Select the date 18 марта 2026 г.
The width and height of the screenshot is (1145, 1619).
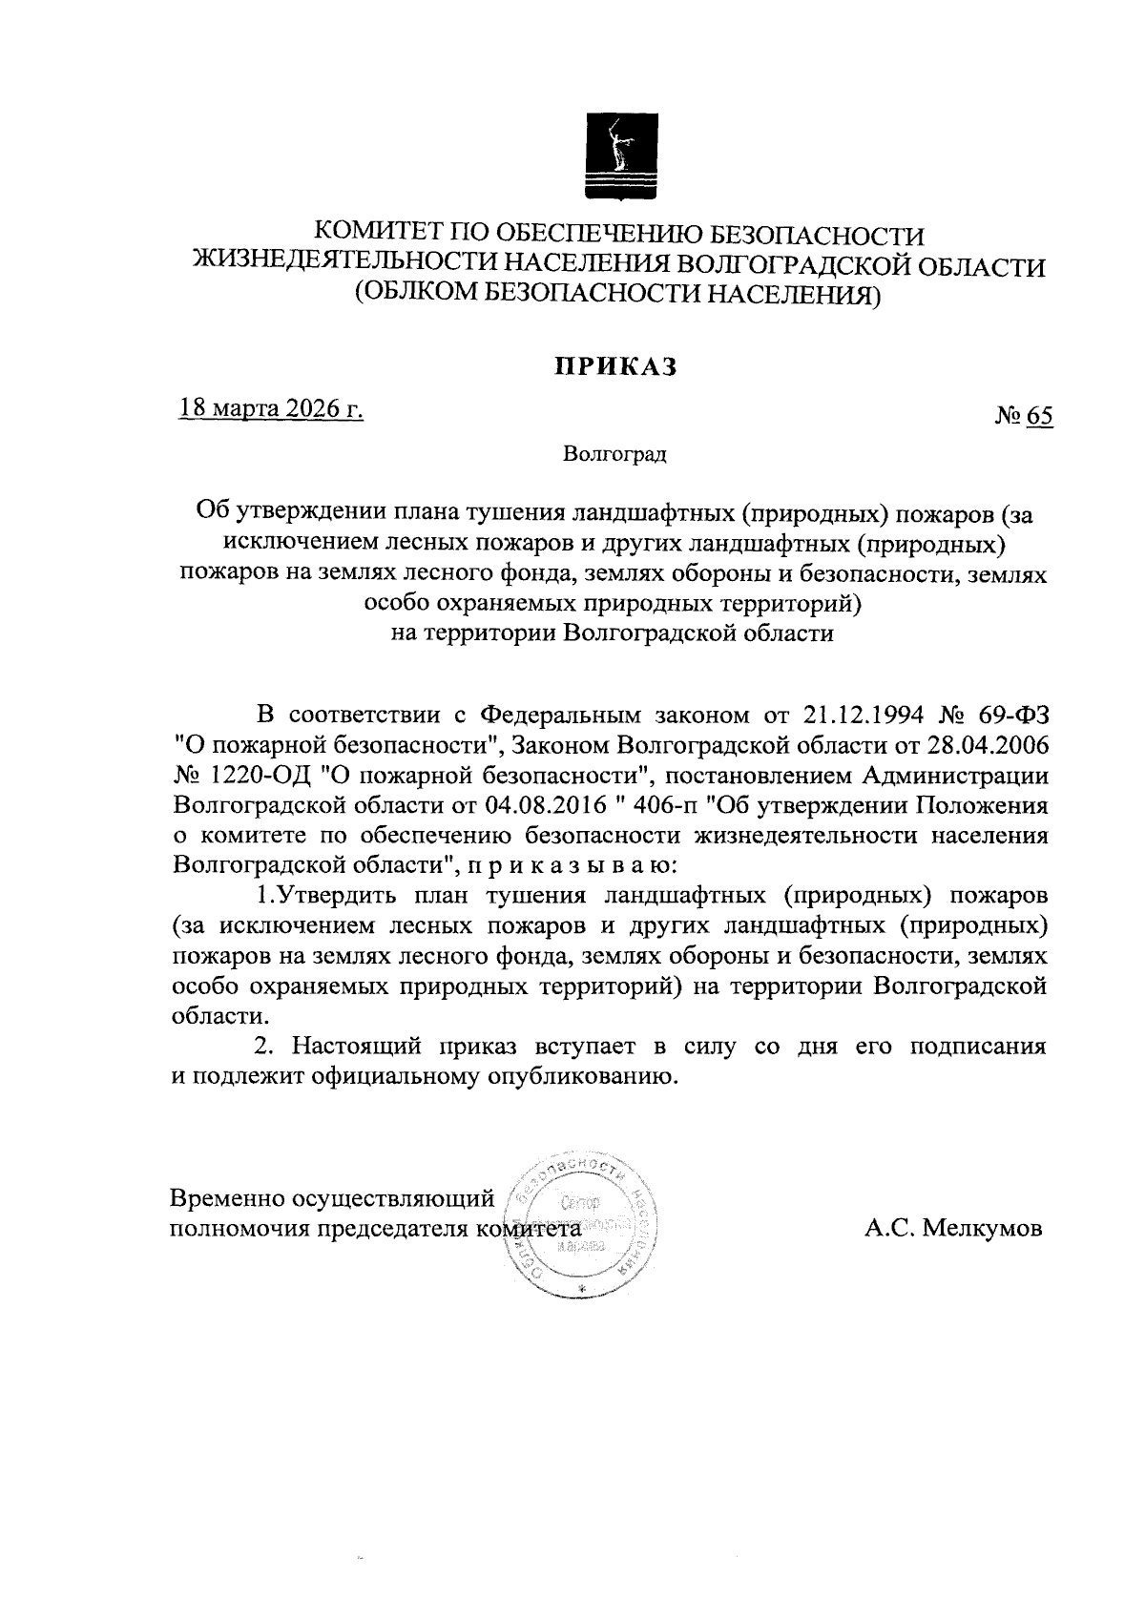coord(271,409)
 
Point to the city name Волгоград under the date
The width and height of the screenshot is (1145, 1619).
coord(616,453)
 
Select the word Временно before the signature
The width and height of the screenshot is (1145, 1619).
coord(226,1197)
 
